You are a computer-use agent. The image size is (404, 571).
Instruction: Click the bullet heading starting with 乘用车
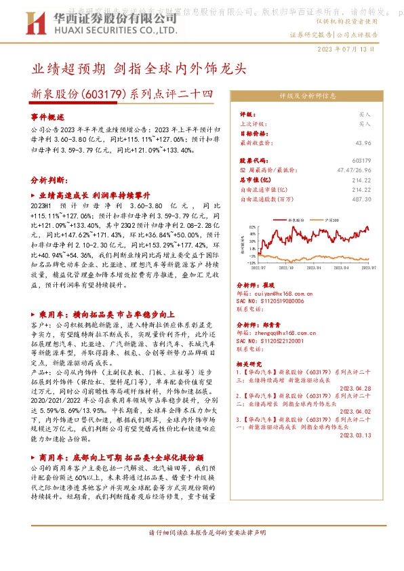pyautogui.click(x=106, y=315)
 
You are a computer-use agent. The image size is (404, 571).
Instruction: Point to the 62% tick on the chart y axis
pyautogui.click(x=251, y=227)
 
